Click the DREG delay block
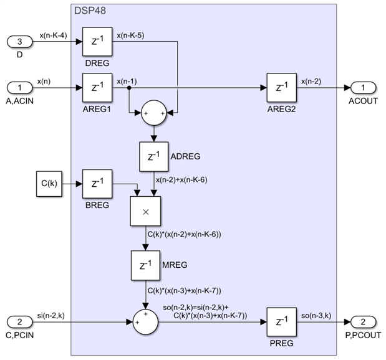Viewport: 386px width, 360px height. click(97, 42)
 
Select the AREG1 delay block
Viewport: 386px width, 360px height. click(97, 88)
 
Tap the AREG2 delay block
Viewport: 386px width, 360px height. click(282, 88)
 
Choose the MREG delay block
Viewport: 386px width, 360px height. click(145, 265)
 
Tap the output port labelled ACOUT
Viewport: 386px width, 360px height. click(364, 88)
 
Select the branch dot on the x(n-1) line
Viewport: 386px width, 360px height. click(128, 88)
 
